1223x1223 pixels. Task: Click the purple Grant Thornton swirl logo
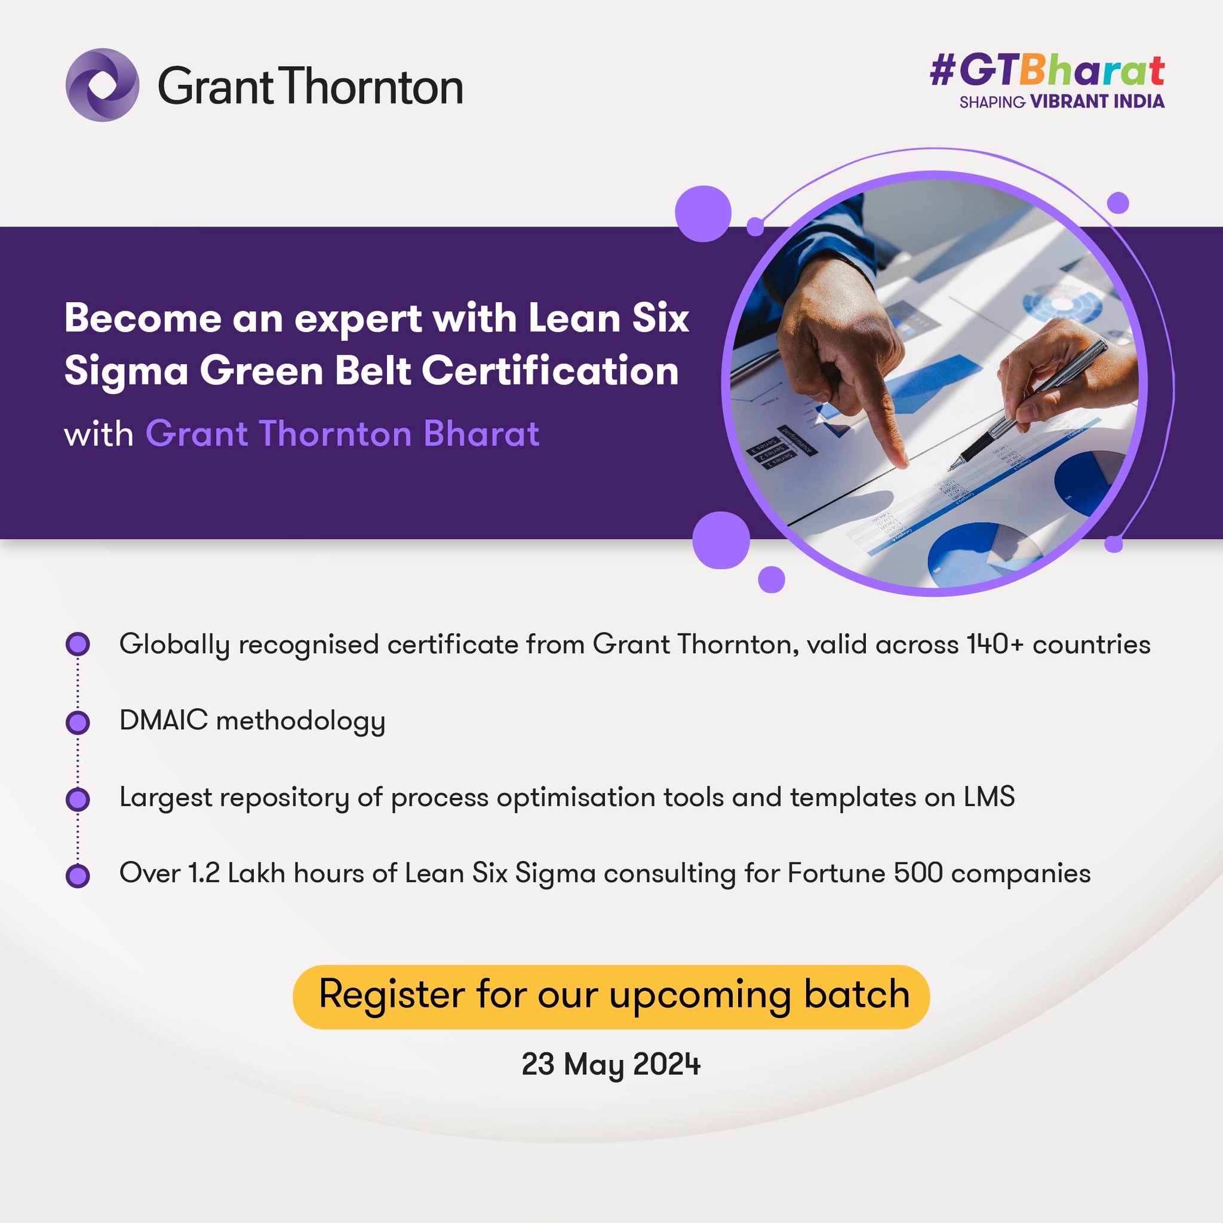point(102,85)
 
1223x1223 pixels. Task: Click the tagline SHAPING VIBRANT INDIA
point(1062,102)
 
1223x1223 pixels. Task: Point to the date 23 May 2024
point(611,1064)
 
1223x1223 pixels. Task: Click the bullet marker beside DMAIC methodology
point(78,723)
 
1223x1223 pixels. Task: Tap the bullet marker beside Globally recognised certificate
point(78,644)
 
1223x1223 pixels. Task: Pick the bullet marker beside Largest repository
point(78,799)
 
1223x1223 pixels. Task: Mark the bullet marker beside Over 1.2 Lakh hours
point(78,876)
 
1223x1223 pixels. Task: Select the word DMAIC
point(163,720)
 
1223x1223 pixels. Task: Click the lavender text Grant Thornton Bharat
point(342,434)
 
